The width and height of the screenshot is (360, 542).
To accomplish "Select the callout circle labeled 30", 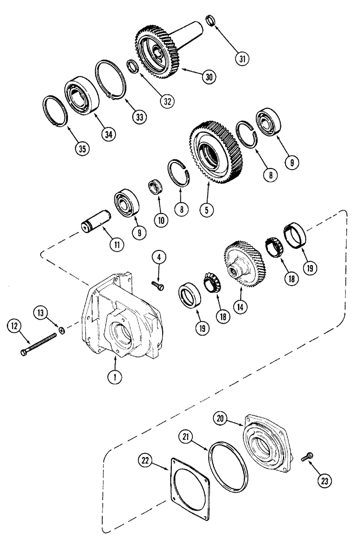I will (208, 77).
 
